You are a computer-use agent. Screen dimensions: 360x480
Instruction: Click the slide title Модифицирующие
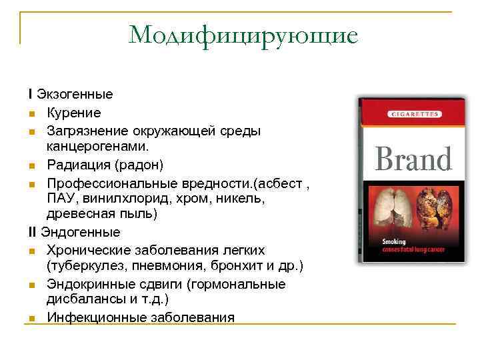click(243, 35)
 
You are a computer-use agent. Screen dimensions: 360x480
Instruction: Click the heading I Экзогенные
click(70, 94)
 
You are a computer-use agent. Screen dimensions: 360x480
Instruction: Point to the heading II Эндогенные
click(74, 233)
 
